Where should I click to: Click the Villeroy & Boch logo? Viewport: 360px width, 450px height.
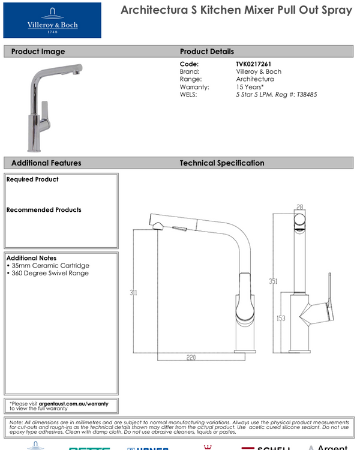[52, 20]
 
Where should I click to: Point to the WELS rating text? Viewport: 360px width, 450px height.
[277, 95]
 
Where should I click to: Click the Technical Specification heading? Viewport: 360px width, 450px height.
[222, 163]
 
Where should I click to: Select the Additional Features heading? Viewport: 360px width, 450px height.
[46, 163]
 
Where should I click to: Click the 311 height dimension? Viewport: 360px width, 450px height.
[134, 293]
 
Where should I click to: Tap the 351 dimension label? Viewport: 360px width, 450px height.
[274, 281]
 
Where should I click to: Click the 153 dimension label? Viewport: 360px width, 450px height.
[281, 319]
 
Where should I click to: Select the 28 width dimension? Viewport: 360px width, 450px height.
[300, 206]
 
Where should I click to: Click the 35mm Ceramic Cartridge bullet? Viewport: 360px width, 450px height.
[49, 266]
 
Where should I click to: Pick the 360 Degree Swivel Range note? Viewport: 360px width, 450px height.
[49, 274]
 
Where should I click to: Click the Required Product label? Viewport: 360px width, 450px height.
[32, 179]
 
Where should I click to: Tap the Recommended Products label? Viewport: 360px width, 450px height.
[44, 210]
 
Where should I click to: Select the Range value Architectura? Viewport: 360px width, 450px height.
[255, 79]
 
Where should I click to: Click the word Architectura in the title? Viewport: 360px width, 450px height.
[157, 11]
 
